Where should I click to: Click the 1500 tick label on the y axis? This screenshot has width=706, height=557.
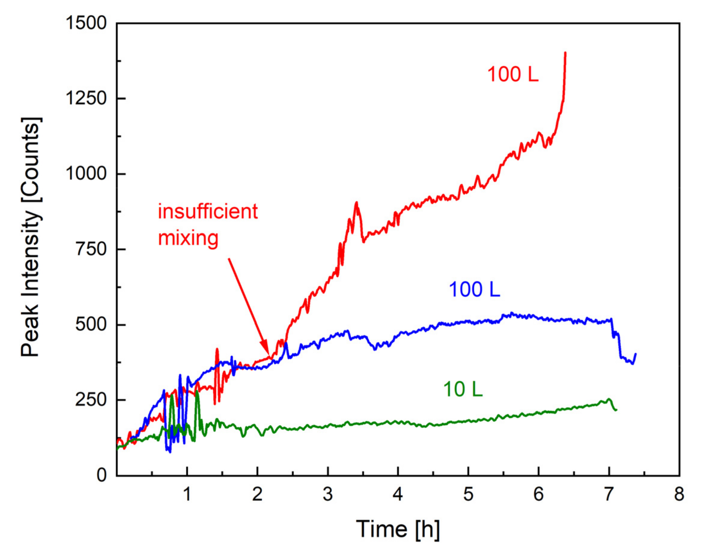pos(86,23)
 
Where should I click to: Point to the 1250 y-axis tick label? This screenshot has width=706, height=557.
pos(86,98)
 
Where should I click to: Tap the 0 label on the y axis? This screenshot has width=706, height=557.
pos(102,476)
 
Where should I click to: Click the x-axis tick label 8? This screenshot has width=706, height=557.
pos(679,494)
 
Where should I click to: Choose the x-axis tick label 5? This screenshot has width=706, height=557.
pos(468,494)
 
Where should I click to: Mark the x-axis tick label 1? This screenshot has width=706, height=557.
pos(187,494)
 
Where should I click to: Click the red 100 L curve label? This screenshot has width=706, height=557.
pos(512,74)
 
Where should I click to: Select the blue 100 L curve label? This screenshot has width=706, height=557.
pos(474,289)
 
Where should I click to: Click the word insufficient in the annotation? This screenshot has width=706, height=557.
pos(208,211)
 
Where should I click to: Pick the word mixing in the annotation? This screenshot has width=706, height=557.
pos(188,238)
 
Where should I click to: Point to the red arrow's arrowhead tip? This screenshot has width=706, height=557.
pos(268,355)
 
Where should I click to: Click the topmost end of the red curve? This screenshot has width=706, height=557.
pos(565,53)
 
